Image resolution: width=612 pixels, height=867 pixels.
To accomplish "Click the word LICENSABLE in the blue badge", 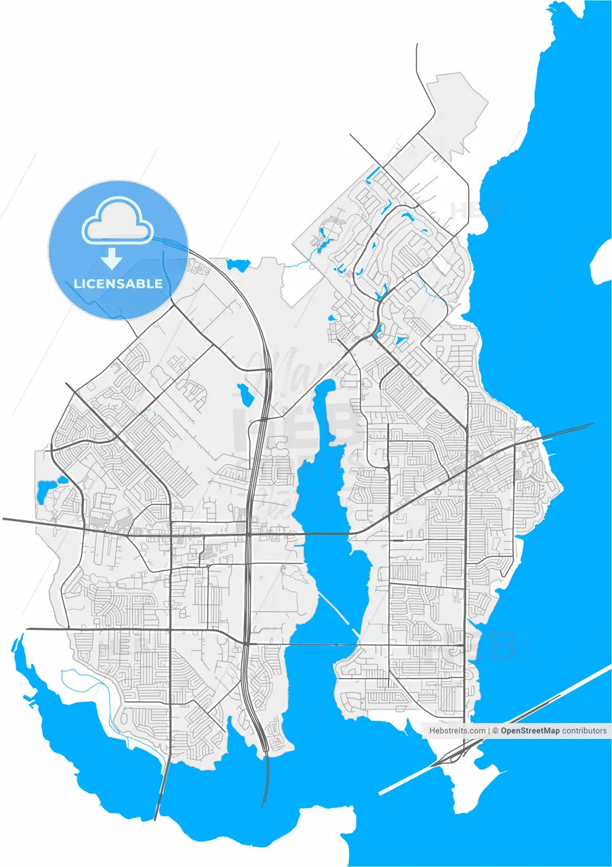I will (118, 284).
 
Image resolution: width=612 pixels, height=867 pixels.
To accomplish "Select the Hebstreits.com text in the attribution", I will (457, 731).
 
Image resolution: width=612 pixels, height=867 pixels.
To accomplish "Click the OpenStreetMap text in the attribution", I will (530, 731).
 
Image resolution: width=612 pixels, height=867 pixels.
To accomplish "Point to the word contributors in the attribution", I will (585, 731).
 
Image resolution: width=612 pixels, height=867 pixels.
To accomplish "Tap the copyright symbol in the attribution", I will (495, 731).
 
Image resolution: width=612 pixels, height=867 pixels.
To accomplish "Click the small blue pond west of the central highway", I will (243, 392).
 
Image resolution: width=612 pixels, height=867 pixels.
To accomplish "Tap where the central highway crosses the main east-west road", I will (249, 534).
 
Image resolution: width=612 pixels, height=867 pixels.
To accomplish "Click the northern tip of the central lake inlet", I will (329, 384).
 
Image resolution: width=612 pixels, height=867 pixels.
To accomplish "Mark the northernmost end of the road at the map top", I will (417, 45).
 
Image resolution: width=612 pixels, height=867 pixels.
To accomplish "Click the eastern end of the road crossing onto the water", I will (592, 425).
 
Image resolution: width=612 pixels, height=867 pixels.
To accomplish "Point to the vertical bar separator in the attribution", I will (490, 731).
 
